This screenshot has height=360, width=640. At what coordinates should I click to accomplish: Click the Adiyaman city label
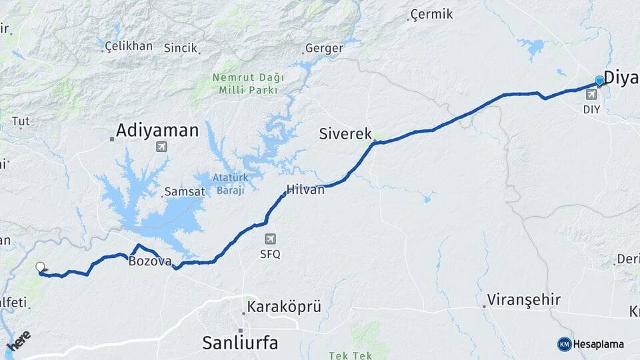(x=157, y=130)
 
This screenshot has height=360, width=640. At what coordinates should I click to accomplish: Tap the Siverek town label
(x=345, y=133)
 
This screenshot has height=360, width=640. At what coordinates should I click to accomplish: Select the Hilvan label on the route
(x=305, y=189)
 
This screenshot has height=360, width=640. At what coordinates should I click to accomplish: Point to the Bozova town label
(x=150, y=261)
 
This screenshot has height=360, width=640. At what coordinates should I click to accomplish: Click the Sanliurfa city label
(x=240, y=343)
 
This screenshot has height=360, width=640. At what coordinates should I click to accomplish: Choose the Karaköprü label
(x=284, y=307)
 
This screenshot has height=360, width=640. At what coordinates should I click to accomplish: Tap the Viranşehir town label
(x=524, y=299)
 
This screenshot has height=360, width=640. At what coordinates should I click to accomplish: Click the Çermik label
(x=431, y=14)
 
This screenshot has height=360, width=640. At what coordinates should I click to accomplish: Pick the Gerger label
(x=324, y=48)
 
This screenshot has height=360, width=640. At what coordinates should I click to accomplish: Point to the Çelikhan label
(x=129, y=47)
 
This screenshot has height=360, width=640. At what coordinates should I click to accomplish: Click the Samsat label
(x=181, y=192)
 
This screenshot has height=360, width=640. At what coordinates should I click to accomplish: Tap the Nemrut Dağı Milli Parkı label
(x=247, y=83)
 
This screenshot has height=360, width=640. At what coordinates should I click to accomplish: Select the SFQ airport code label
(x=270, y=254)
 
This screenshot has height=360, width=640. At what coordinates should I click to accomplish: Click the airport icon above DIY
(x=591, y=95)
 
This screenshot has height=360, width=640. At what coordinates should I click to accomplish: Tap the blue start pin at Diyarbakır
(x=599, y=81)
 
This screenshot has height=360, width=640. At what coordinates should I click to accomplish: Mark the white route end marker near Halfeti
(x=41, y=267)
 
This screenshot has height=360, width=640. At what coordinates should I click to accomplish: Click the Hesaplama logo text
(x=598, y=344)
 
